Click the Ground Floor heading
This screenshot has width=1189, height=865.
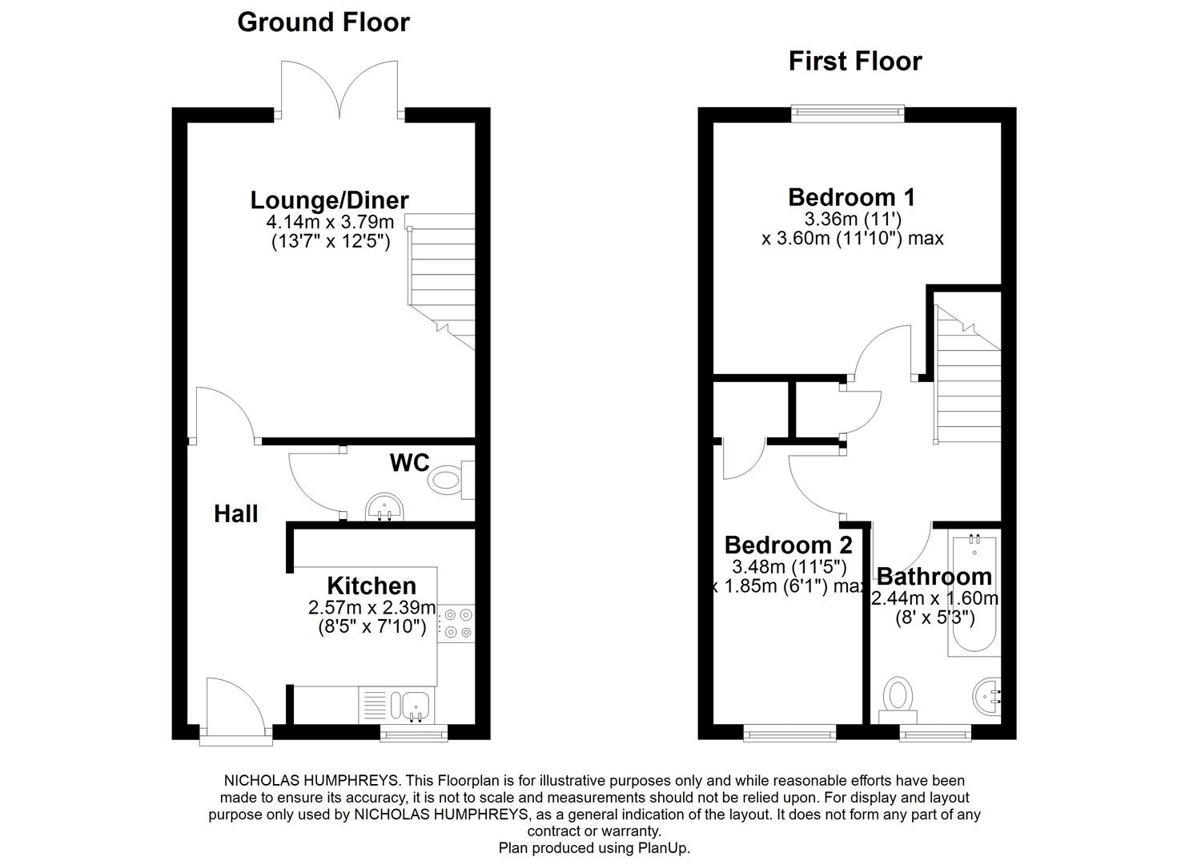(x=323, y=22)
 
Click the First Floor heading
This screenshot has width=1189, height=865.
(x=854, y=61)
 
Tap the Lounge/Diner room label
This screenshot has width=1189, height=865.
(x=329, y=199)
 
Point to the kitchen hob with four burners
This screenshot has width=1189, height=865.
(x=456, y=623)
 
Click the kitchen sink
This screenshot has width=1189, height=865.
(x=416, y=706)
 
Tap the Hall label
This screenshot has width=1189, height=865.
(x=235, y=513)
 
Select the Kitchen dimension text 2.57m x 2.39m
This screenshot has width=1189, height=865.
(x=372, y=608)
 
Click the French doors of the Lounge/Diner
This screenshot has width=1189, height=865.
(x=339, y=90)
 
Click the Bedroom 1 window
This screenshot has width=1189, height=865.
(x=848, y=114)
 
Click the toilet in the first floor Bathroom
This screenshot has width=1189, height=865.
(x=897, y=698)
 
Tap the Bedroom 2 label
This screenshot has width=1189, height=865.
(x=788, y=545)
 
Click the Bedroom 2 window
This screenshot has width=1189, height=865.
(x=789, y=732)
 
